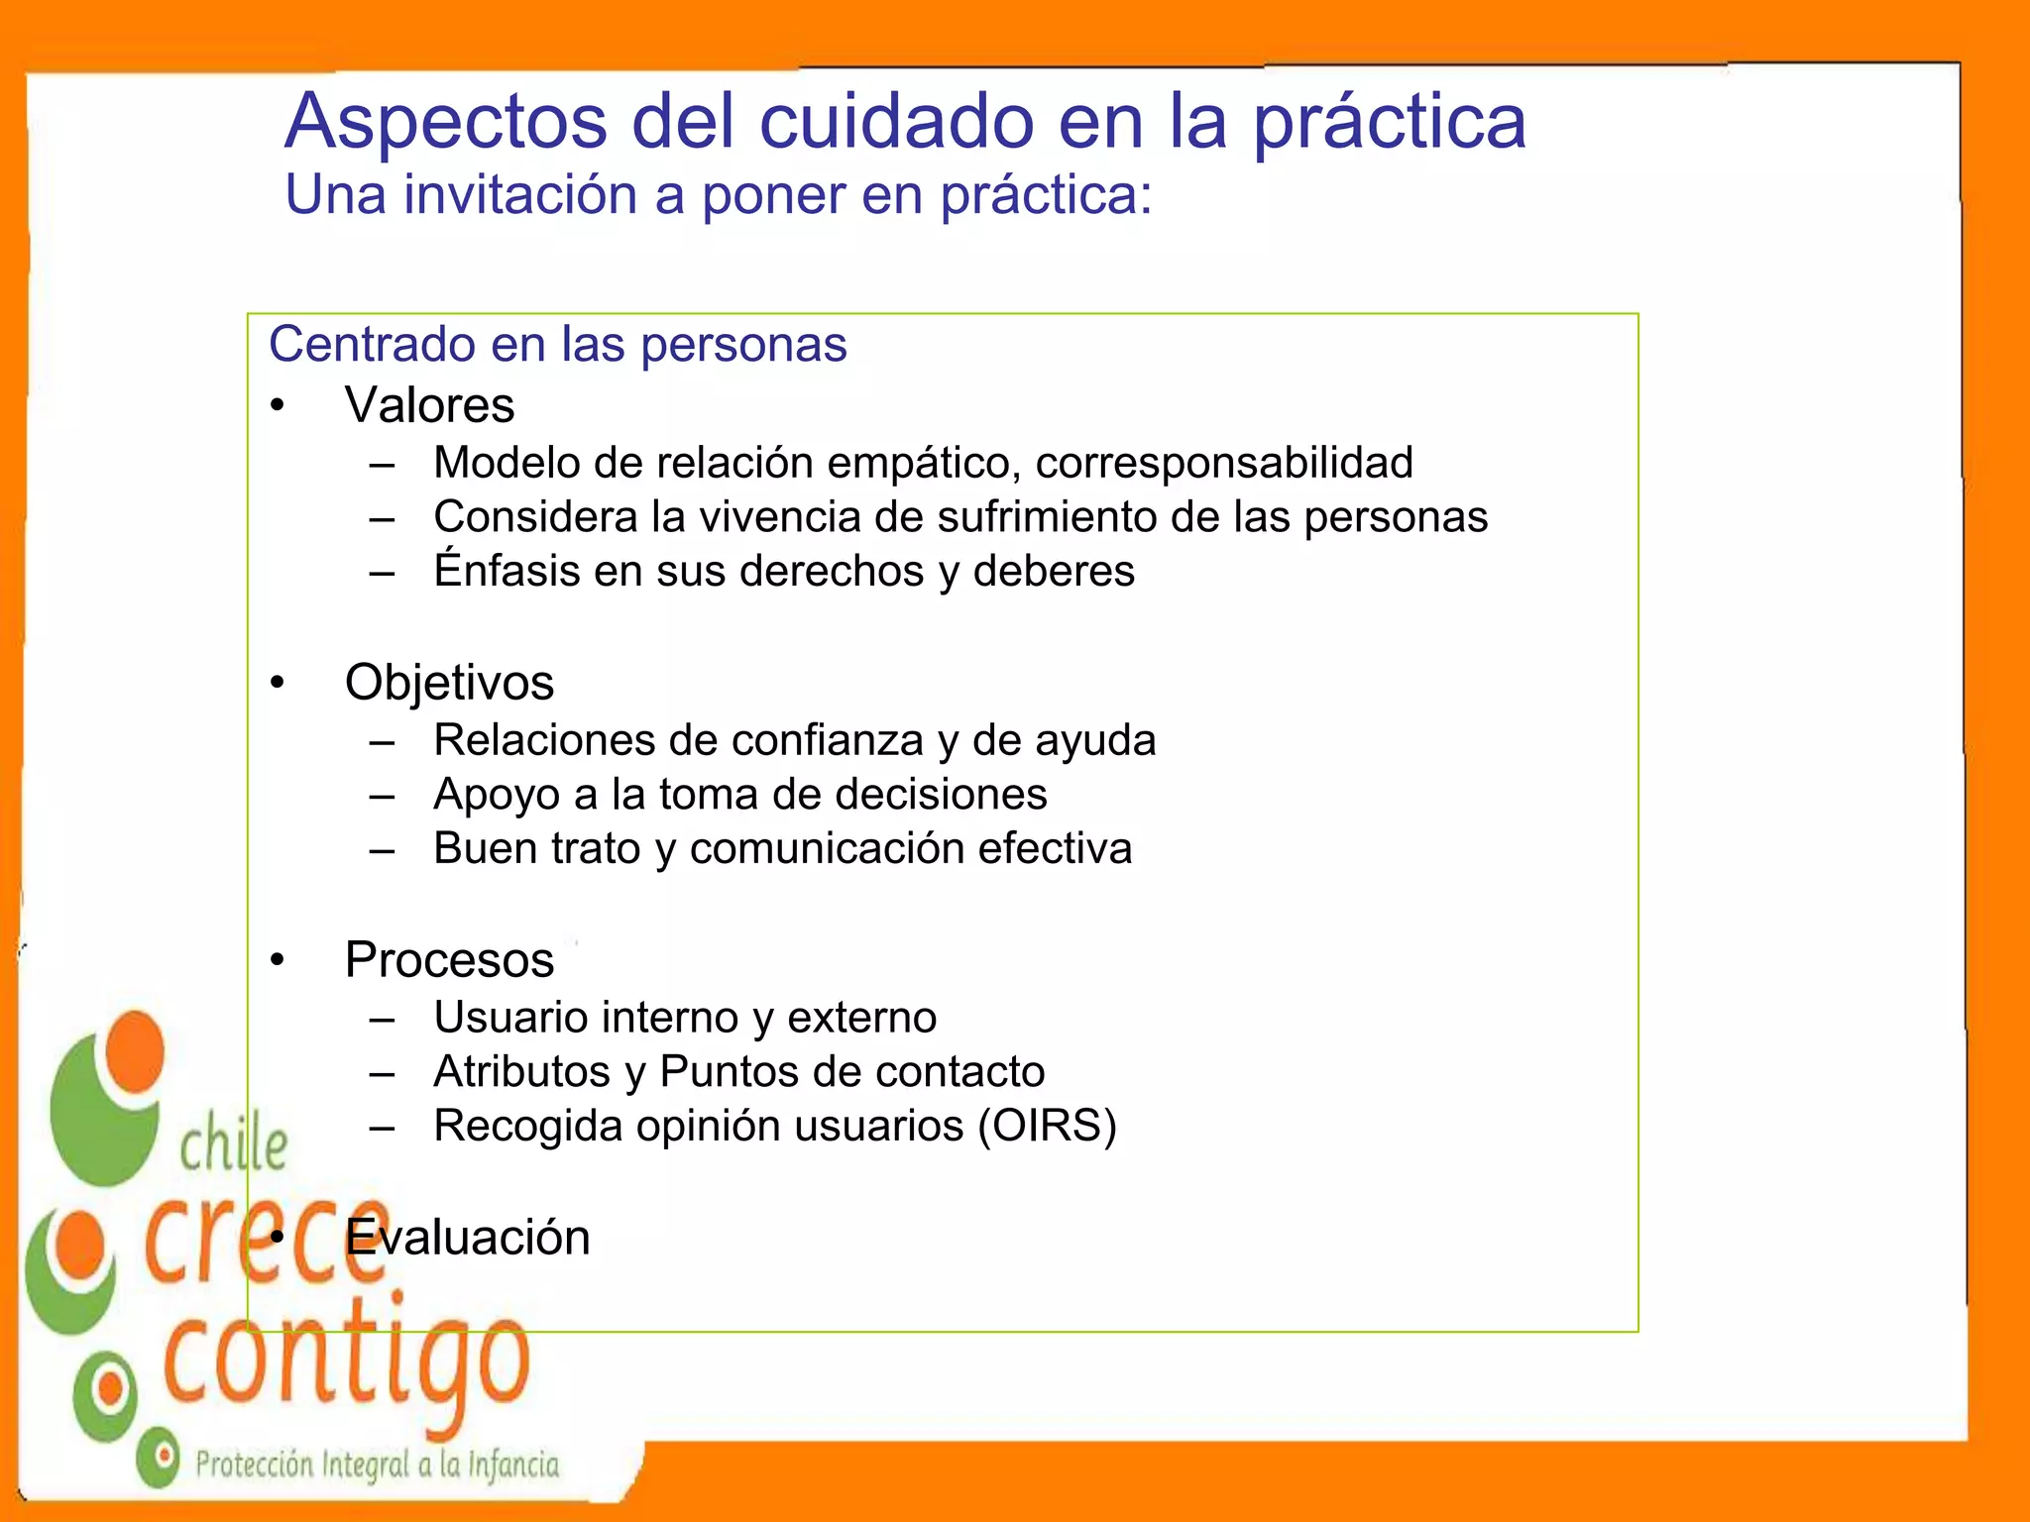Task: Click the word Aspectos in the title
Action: (x=445, y=123)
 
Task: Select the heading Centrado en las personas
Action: (x=557, y=345)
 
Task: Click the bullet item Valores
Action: (x=429, y=406)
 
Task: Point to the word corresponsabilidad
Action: (x=1224, y=463)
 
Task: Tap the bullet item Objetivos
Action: (x=449, y=683)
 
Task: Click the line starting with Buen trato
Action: (x=782, y=849)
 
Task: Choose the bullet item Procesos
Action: (x=449, y=960)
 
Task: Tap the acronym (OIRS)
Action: (x=1047, y=1127)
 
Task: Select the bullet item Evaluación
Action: (x=467, y=1238)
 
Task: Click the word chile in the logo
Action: (x=233, y=1146)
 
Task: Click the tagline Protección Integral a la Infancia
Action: (x=377, y=1464)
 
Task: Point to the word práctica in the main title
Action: (x=1389, y=123)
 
